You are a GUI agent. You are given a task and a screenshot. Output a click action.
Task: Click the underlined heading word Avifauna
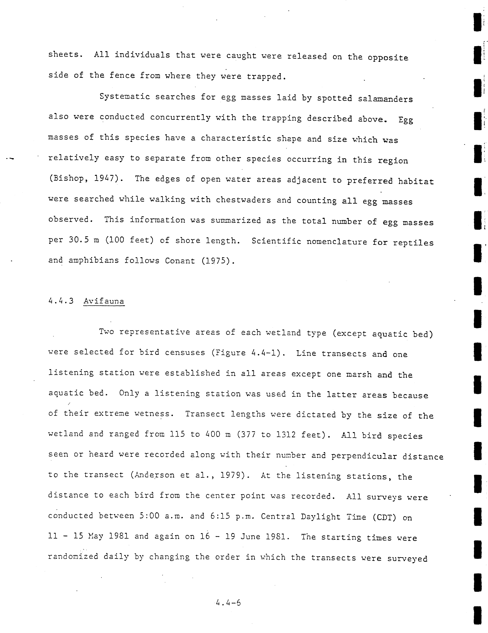104,301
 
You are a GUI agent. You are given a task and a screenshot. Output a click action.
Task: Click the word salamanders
385,99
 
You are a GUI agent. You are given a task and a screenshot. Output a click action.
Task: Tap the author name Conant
180,261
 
